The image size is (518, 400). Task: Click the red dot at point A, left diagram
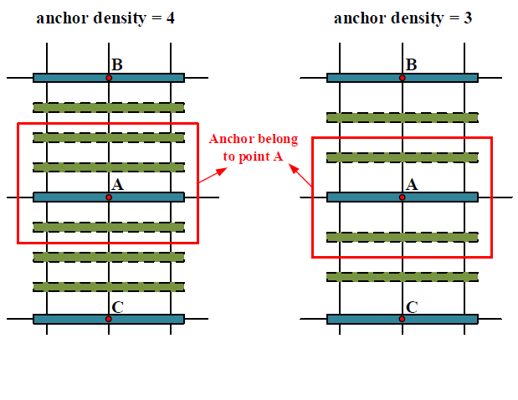pyautogui.click(x=109, y=197)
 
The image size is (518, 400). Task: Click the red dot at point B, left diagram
pyautogui.click(x=109, y=78)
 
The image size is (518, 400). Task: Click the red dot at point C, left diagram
pyautogui.click(x=109, y=319)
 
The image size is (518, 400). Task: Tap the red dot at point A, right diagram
pyautogui.click(x=403, y=197)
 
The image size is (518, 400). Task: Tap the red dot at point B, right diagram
pyautogui.click(x=403, y=78)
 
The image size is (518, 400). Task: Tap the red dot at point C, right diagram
pyautogui.click(x=403, y=319)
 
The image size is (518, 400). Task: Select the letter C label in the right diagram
pyautogui.click(x=411, y=307)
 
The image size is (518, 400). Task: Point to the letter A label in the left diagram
pyautogui.click(x=117, y=185)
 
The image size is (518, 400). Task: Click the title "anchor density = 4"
pyautogui.click(x=105, y=17)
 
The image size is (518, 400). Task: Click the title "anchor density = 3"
pyautogui.click(x=403, y=17)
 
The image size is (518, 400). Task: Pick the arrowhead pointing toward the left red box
pyautogui.click(x=222, y=170)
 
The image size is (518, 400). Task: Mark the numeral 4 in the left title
pyautogui.click(x=170, y=17)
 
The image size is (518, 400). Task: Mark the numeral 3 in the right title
pyautogui.click(x=467, y=17)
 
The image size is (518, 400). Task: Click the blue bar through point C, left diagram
pyautogui.click(x=67, y=319)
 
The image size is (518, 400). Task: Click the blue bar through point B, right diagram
pyautogui.click(x=444, y=78)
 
